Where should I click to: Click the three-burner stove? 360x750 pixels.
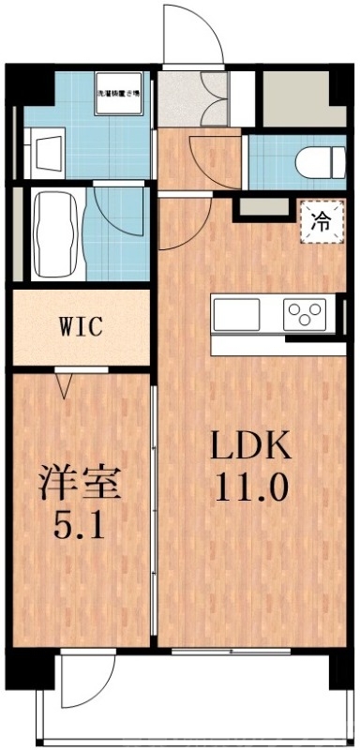click(x=305, y=312)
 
